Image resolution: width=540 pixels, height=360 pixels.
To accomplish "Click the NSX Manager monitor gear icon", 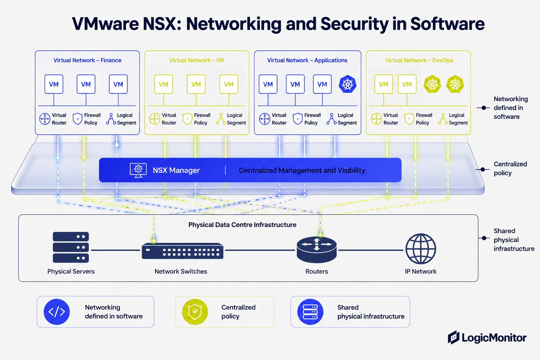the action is (138, 170).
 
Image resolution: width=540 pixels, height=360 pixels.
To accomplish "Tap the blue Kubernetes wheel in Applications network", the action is (347, 84).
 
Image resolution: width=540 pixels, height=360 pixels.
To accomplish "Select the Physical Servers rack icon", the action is (71, 247).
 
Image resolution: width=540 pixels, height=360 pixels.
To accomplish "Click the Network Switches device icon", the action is (182, 251).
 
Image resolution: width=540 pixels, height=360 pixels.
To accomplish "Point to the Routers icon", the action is (316, 250).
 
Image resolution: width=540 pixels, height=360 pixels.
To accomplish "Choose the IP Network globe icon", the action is (421, 249).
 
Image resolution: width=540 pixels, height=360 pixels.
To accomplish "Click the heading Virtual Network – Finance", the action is (87, 60).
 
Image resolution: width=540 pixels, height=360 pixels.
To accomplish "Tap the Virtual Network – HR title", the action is (197, 60).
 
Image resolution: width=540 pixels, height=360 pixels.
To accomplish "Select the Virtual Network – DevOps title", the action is (419, 60).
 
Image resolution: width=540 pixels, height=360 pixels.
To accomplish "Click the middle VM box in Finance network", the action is (86, 84).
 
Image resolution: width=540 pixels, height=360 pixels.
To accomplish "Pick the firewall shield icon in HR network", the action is (187, 118).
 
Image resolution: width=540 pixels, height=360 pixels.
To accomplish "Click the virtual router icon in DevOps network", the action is (376, 118).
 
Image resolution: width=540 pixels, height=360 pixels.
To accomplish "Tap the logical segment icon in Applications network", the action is (332, 118).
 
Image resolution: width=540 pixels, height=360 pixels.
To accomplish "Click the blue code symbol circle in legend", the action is (57, 312).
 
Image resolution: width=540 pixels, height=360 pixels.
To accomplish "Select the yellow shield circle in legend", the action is (195, 312).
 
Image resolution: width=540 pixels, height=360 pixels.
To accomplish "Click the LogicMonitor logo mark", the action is (454, 337).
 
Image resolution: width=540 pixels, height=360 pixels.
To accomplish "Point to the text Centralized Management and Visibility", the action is (302, 171).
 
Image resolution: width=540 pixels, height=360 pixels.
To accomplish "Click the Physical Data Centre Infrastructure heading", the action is (242, 225).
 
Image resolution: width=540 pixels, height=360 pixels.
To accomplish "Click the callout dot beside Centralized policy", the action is (483, 169).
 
